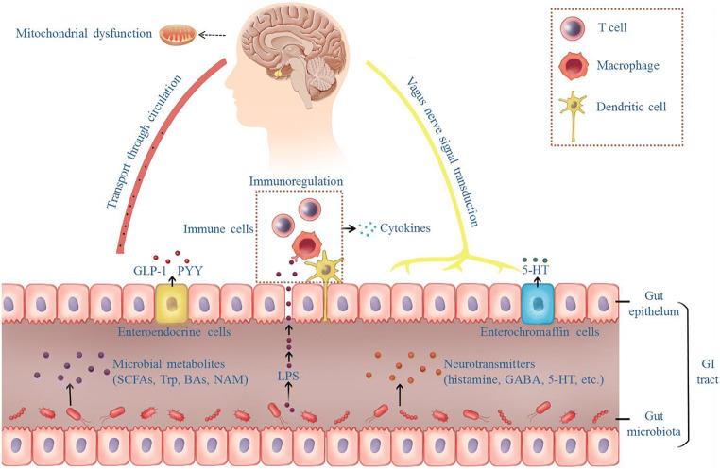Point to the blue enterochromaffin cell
[536, 302]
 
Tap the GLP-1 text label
[151, 267]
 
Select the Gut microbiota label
[657, 424]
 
